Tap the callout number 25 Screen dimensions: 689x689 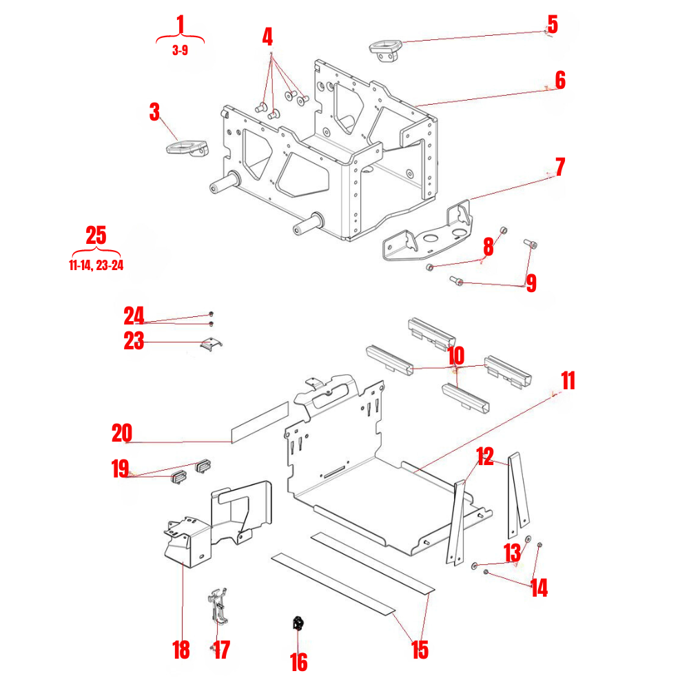96,236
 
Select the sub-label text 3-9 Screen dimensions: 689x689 180,50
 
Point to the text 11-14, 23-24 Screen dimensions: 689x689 96,265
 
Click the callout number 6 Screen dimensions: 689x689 559,81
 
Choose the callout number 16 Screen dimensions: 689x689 298,662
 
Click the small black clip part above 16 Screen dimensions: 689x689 299,624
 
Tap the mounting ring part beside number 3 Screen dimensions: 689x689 186,147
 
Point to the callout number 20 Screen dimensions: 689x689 121,434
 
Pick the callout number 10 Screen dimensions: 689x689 455,356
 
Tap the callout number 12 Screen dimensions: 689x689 485,457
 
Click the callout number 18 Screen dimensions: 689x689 181,650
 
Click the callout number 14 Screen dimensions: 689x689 539,588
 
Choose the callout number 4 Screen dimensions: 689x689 267,37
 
